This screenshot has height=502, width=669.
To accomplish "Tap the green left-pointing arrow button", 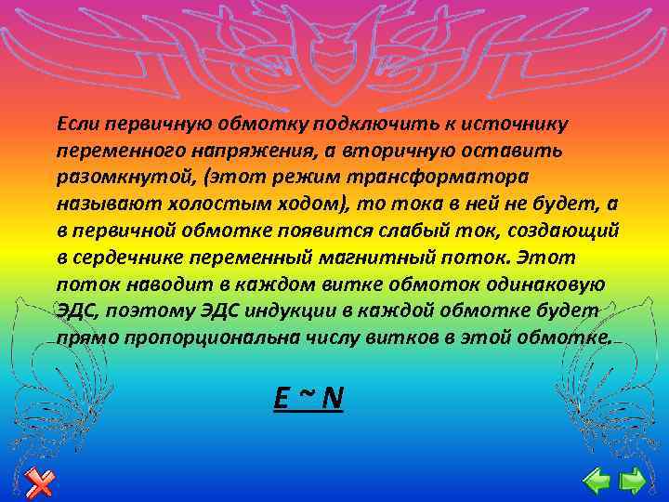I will tap(596, 480).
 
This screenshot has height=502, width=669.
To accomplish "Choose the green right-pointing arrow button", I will tap(634, 480).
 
